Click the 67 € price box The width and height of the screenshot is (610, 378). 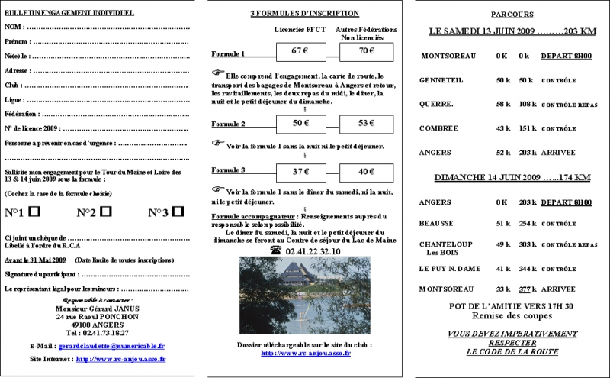(298, 51)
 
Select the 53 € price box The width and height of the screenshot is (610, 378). (367, 122)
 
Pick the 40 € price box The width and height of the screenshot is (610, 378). (367, 171)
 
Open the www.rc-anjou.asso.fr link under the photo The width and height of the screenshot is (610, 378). (306, 353)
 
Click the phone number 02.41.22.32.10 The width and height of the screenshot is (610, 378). (311, 250)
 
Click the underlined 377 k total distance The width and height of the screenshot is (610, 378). (524, 289)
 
